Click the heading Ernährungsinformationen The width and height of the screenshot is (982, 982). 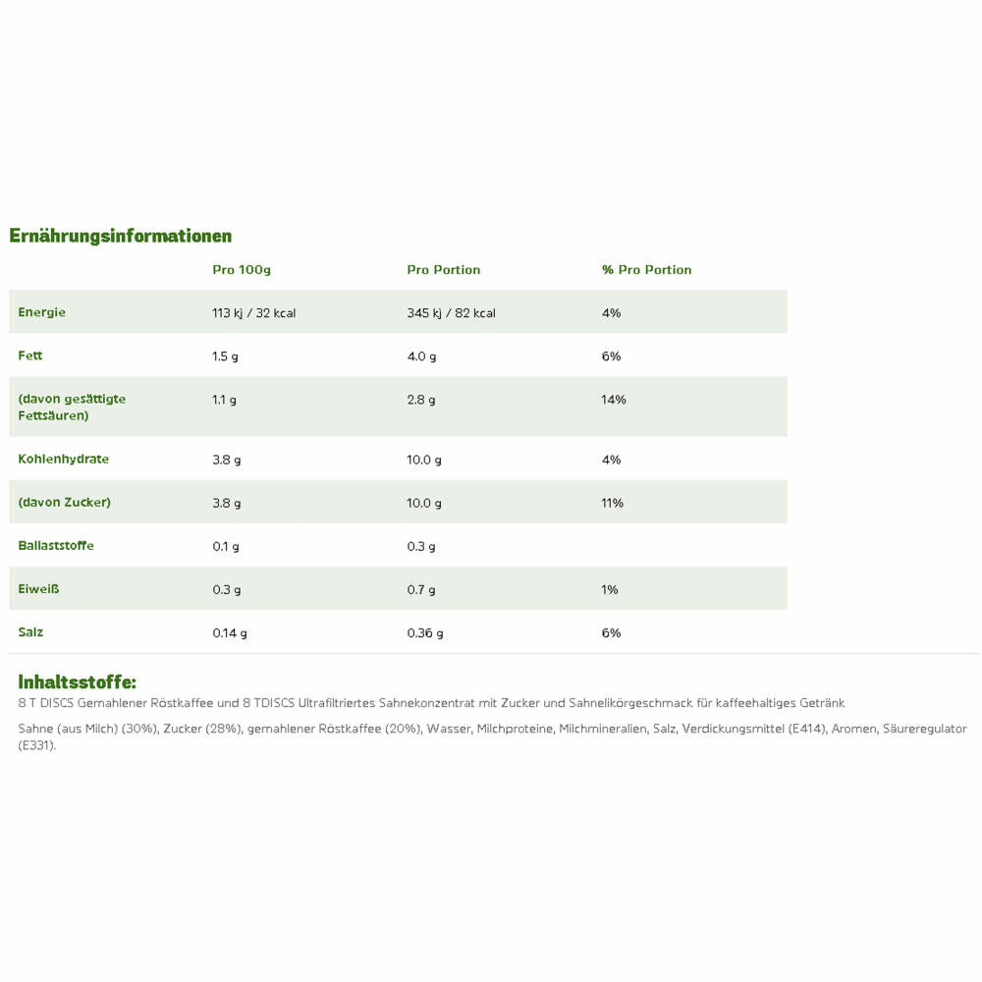121,236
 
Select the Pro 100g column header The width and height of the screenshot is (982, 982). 242,270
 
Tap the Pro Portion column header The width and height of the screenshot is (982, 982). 444,270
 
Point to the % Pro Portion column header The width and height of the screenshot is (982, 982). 647,270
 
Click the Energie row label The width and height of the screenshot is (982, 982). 42,312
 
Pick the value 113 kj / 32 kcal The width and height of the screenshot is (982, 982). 254,313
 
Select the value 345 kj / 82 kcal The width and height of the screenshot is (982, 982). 452,313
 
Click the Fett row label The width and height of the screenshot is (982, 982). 30,355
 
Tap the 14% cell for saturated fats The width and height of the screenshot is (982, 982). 615,400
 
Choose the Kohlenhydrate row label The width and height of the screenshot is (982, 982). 64,459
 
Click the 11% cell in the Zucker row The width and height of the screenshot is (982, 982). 613,503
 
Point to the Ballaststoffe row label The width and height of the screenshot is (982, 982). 56,545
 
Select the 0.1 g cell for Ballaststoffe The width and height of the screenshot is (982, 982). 226,546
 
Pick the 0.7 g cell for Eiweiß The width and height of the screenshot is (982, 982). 421,589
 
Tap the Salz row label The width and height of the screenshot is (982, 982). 30,631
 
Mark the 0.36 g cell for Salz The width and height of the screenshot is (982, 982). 425,633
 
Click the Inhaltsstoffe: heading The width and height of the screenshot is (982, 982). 78,682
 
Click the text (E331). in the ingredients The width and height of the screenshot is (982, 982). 37,745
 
